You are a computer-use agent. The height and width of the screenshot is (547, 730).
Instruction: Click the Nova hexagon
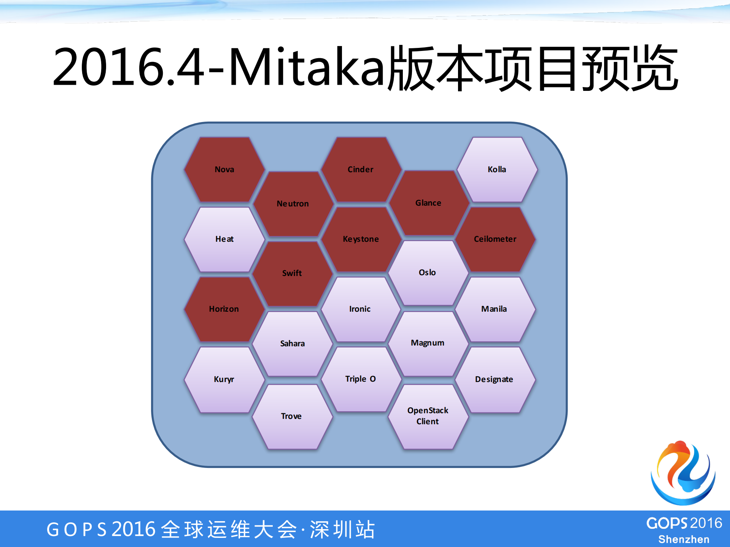pyautogui.click(x=224, y=170)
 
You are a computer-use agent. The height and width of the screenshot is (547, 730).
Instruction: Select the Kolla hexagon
pyautogui.click(x=497, y=170)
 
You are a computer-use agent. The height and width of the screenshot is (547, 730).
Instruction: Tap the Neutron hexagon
pyautogui.click(x=293, y=204)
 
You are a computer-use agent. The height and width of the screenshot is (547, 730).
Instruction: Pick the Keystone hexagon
pyautogui.click(x=361, y=239)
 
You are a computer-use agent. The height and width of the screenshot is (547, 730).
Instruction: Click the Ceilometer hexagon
pyautogui.click(x=495, y=239)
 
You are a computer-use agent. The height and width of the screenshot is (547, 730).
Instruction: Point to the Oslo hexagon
pyautogui.click(x=428, y=273)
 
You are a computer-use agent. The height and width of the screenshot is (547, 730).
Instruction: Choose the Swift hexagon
pyautogui.click(x=292, y=273)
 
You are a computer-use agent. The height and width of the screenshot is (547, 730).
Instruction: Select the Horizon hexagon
pyautogui.click(x=224, y=309)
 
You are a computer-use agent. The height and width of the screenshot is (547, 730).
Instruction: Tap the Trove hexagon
pyautogui.click(x=291, y=416)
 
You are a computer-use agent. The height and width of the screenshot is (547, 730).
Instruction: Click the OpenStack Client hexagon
pyautogui.click(x=428, y=416)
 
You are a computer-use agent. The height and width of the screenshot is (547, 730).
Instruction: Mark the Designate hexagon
pyautogui.click(x=494, y=379)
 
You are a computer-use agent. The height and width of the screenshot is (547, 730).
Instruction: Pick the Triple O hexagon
pyautogui.click(x=361, y=379)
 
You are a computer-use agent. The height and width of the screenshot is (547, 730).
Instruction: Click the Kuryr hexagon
pyautogui.click(x=224, y=379)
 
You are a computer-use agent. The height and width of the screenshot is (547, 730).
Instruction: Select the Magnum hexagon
pyautogui.click(x=428, y=343)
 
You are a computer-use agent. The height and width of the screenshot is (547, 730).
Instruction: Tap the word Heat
pyautogui.click(x=224, y=239)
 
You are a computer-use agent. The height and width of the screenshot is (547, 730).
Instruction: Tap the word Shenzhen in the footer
pyautogui.click(x=684, y=539)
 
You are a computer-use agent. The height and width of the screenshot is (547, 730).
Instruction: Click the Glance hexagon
pyautogui.click(x=428, y=203)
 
